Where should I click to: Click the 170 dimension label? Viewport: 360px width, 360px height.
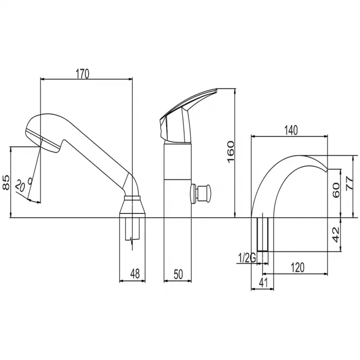(x=82, y=74)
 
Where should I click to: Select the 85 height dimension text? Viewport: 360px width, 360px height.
(x=6, y=182)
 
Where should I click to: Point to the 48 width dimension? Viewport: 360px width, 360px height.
(x=135, y=273)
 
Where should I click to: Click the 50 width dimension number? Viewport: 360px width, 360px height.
(x=178, y=274)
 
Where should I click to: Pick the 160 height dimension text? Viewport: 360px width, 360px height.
(x=231, y=152)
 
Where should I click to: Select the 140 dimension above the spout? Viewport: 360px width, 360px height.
(x=291, y=130)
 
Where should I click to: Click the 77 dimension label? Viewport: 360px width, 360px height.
(x=350, y=183)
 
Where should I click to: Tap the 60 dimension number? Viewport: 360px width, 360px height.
(x=336, y=190)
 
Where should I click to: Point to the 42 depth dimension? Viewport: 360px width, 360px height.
(x=336, y=234)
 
